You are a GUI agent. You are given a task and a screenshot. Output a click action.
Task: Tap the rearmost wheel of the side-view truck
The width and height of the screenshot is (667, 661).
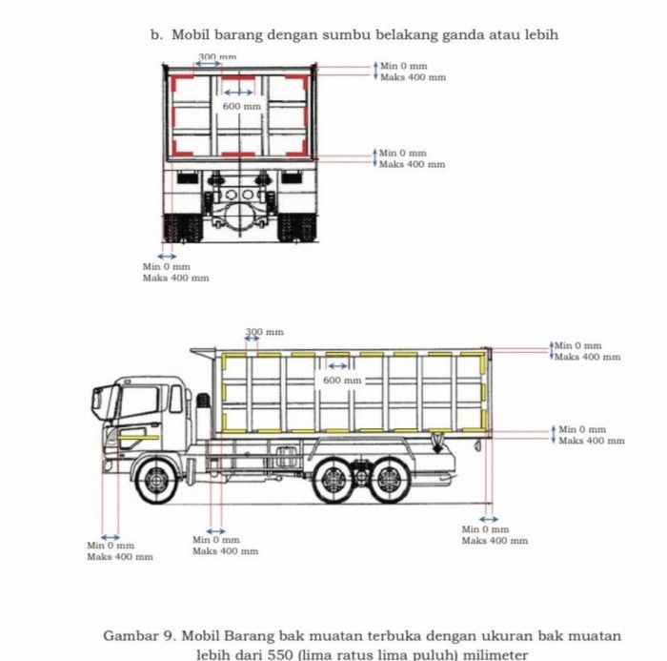coord(388,480)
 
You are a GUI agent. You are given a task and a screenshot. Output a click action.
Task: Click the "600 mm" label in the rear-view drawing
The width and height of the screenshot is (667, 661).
coord(241,106)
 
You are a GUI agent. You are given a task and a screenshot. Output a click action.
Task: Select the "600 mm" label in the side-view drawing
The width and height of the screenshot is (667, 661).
coord(342,381)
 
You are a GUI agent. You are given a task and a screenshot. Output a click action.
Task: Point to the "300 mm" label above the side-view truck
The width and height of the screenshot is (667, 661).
coord(265,332)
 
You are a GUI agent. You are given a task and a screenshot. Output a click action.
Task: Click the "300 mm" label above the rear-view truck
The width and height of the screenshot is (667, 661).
coord(217,57)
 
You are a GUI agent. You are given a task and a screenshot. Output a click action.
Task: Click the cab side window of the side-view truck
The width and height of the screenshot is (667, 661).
coord(138,402)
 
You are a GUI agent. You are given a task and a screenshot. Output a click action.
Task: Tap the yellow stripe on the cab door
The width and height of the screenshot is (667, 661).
coord(140,435)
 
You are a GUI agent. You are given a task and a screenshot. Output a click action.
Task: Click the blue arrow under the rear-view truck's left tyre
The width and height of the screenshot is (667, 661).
coord(168,257)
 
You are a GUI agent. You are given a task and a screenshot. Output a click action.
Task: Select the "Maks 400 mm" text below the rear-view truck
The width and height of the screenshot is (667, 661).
coord(175,279)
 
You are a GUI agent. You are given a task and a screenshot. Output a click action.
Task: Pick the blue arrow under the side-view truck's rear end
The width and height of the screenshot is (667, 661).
coord(488,520)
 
